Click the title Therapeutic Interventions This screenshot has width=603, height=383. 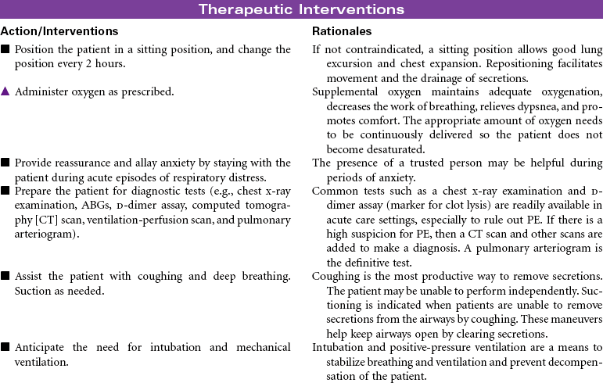(301, 9)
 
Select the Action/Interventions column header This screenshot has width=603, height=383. (59, 31)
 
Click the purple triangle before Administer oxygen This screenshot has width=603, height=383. (5, 91)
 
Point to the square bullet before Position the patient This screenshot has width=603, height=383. (5, 50)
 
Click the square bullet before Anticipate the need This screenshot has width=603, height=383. (5, 347)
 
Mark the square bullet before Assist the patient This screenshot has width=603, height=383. (5, 276)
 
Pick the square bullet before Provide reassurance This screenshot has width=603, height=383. (5, 163)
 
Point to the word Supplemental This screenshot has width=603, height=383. (345, 91)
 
